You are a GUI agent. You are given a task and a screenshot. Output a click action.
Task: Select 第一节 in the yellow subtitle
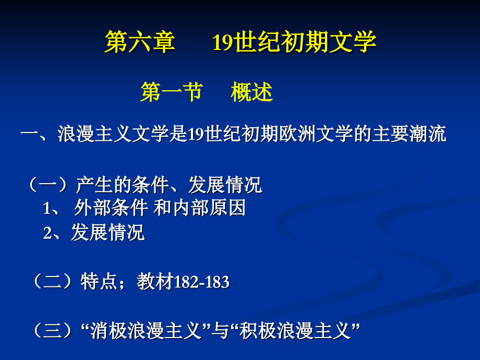tap(171, 93)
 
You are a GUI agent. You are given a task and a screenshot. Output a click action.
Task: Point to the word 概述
tap(251, 93)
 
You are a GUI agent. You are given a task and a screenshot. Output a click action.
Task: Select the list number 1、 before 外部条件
tap(54, 209)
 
